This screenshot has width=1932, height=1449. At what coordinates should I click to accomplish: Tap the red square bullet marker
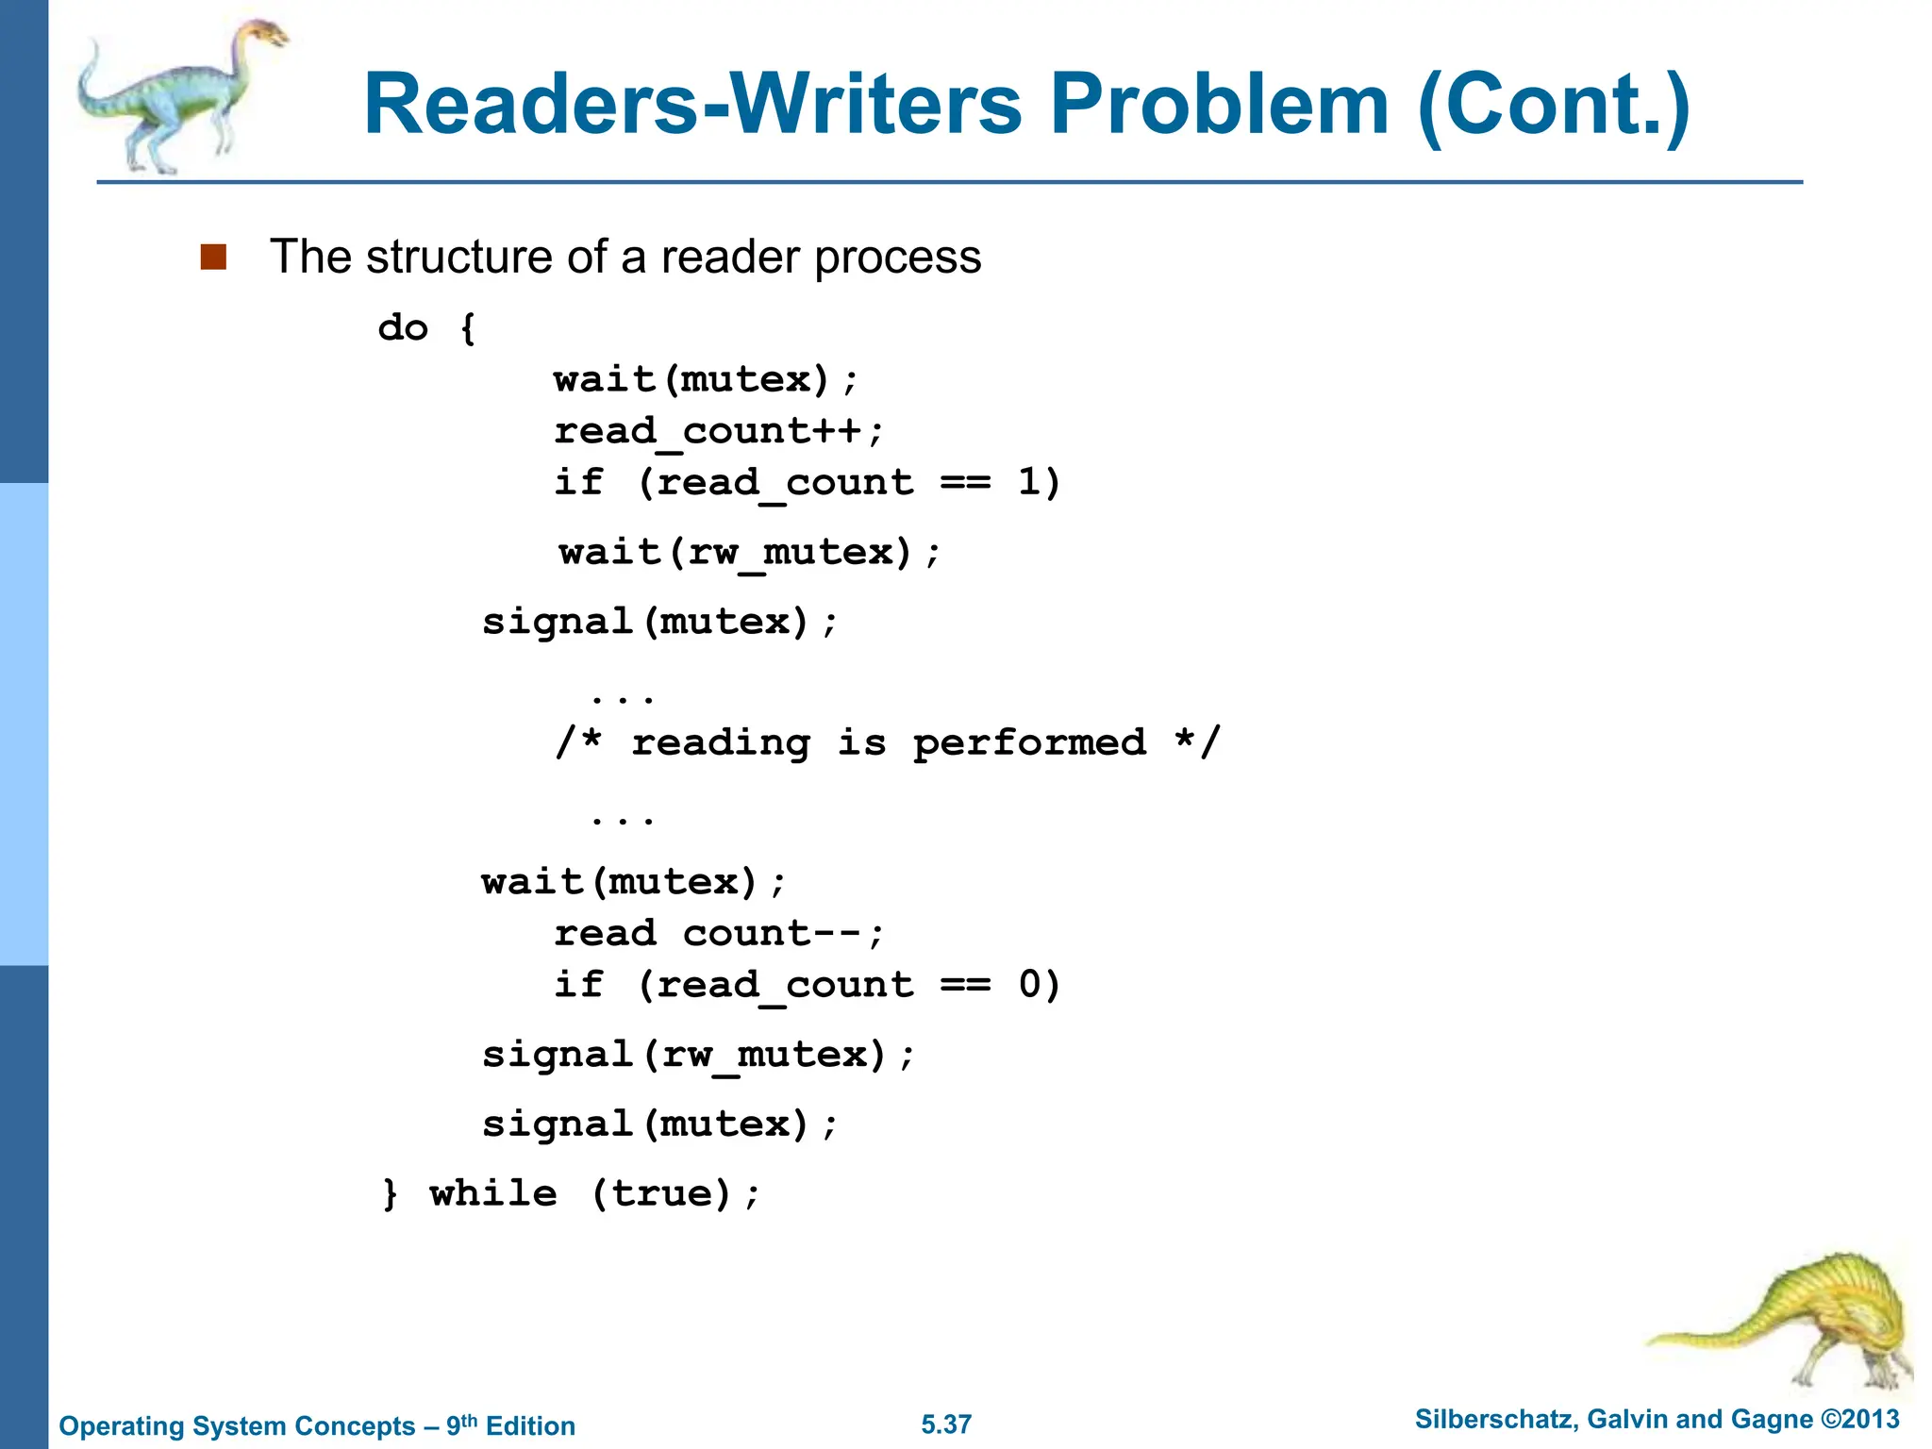point(214,257)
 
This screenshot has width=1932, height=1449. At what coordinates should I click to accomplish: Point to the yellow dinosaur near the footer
point(1792,1321)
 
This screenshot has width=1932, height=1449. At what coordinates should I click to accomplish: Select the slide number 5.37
point(946,1424)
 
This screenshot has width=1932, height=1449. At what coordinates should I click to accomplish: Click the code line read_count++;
point(719,431)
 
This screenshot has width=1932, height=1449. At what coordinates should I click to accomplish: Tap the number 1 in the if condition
point(1028,482)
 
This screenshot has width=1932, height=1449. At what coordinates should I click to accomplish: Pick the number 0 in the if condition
point(1029,985)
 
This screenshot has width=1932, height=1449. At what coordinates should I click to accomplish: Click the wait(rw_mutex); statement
point(750,552)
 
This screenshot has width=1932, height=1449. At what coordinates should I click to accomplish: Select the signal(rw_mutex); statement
point(698,1055)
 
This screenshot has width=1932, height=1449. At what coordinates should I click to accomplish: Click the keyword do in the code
point(403,327)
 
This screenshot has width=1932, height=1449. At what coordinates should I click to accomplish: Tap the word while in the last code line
point(493,1193)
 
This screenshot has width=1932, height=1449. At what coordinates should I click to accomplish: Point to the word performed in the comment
point(1029,743)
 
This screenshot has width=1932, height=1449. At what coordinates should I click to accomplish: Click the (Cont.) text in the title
point(1554,106)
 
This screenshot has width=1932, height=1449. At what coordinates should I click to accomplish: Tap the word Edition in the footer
point(530,1425)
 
